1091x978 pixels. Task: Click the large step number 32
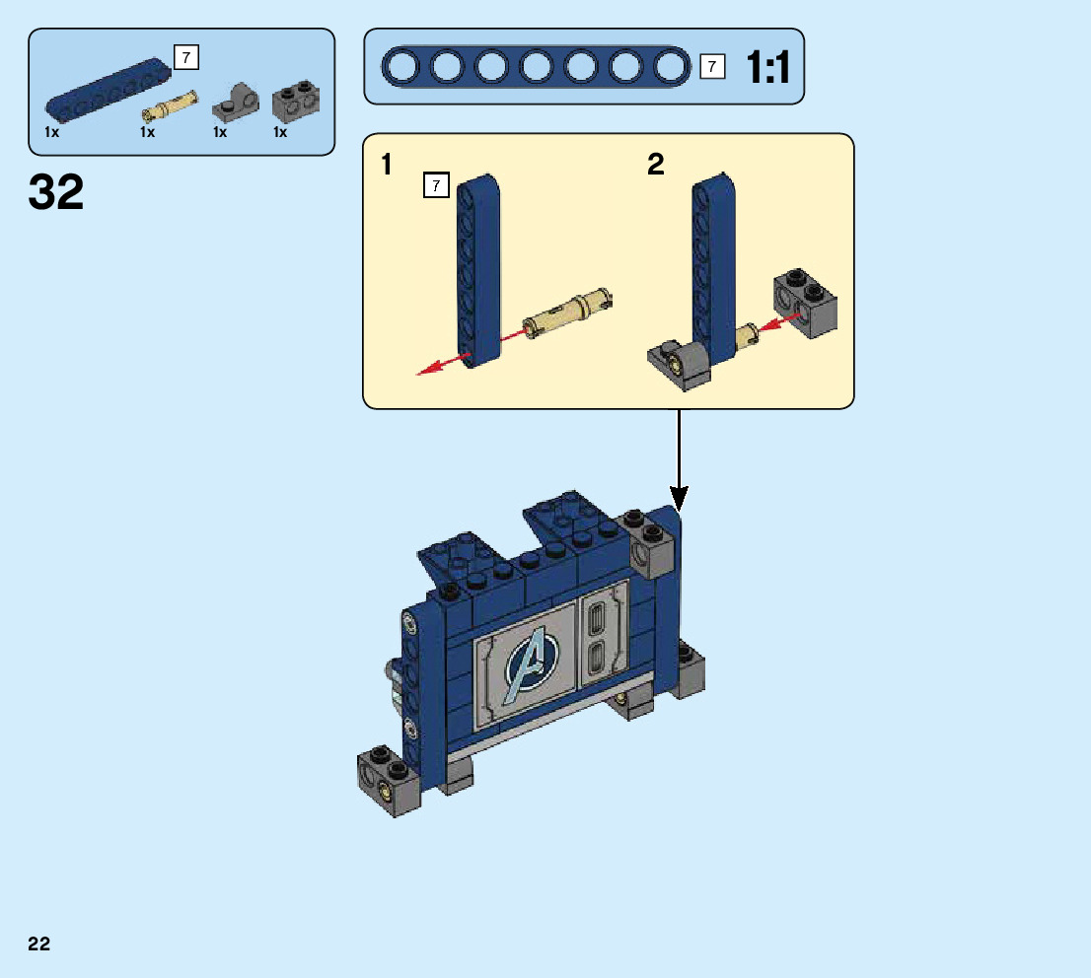(x=56, y=192)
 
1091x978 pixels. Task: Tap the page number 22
(x=39, y=943)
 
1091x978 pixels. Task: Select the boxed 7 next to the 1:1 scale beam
(x=712, y=67)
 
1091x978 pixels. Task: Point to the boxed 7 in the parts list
(x=185, y=58)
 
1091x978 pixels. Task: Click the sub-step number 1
(x=388, y=165)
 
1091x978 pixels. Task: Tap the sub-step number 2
(x=656, y=165)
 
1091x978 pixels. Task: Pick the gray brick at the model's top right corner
(x=650, y=547)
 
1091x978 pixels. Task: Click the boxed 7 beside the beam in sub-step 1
(x=435, y=184)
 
